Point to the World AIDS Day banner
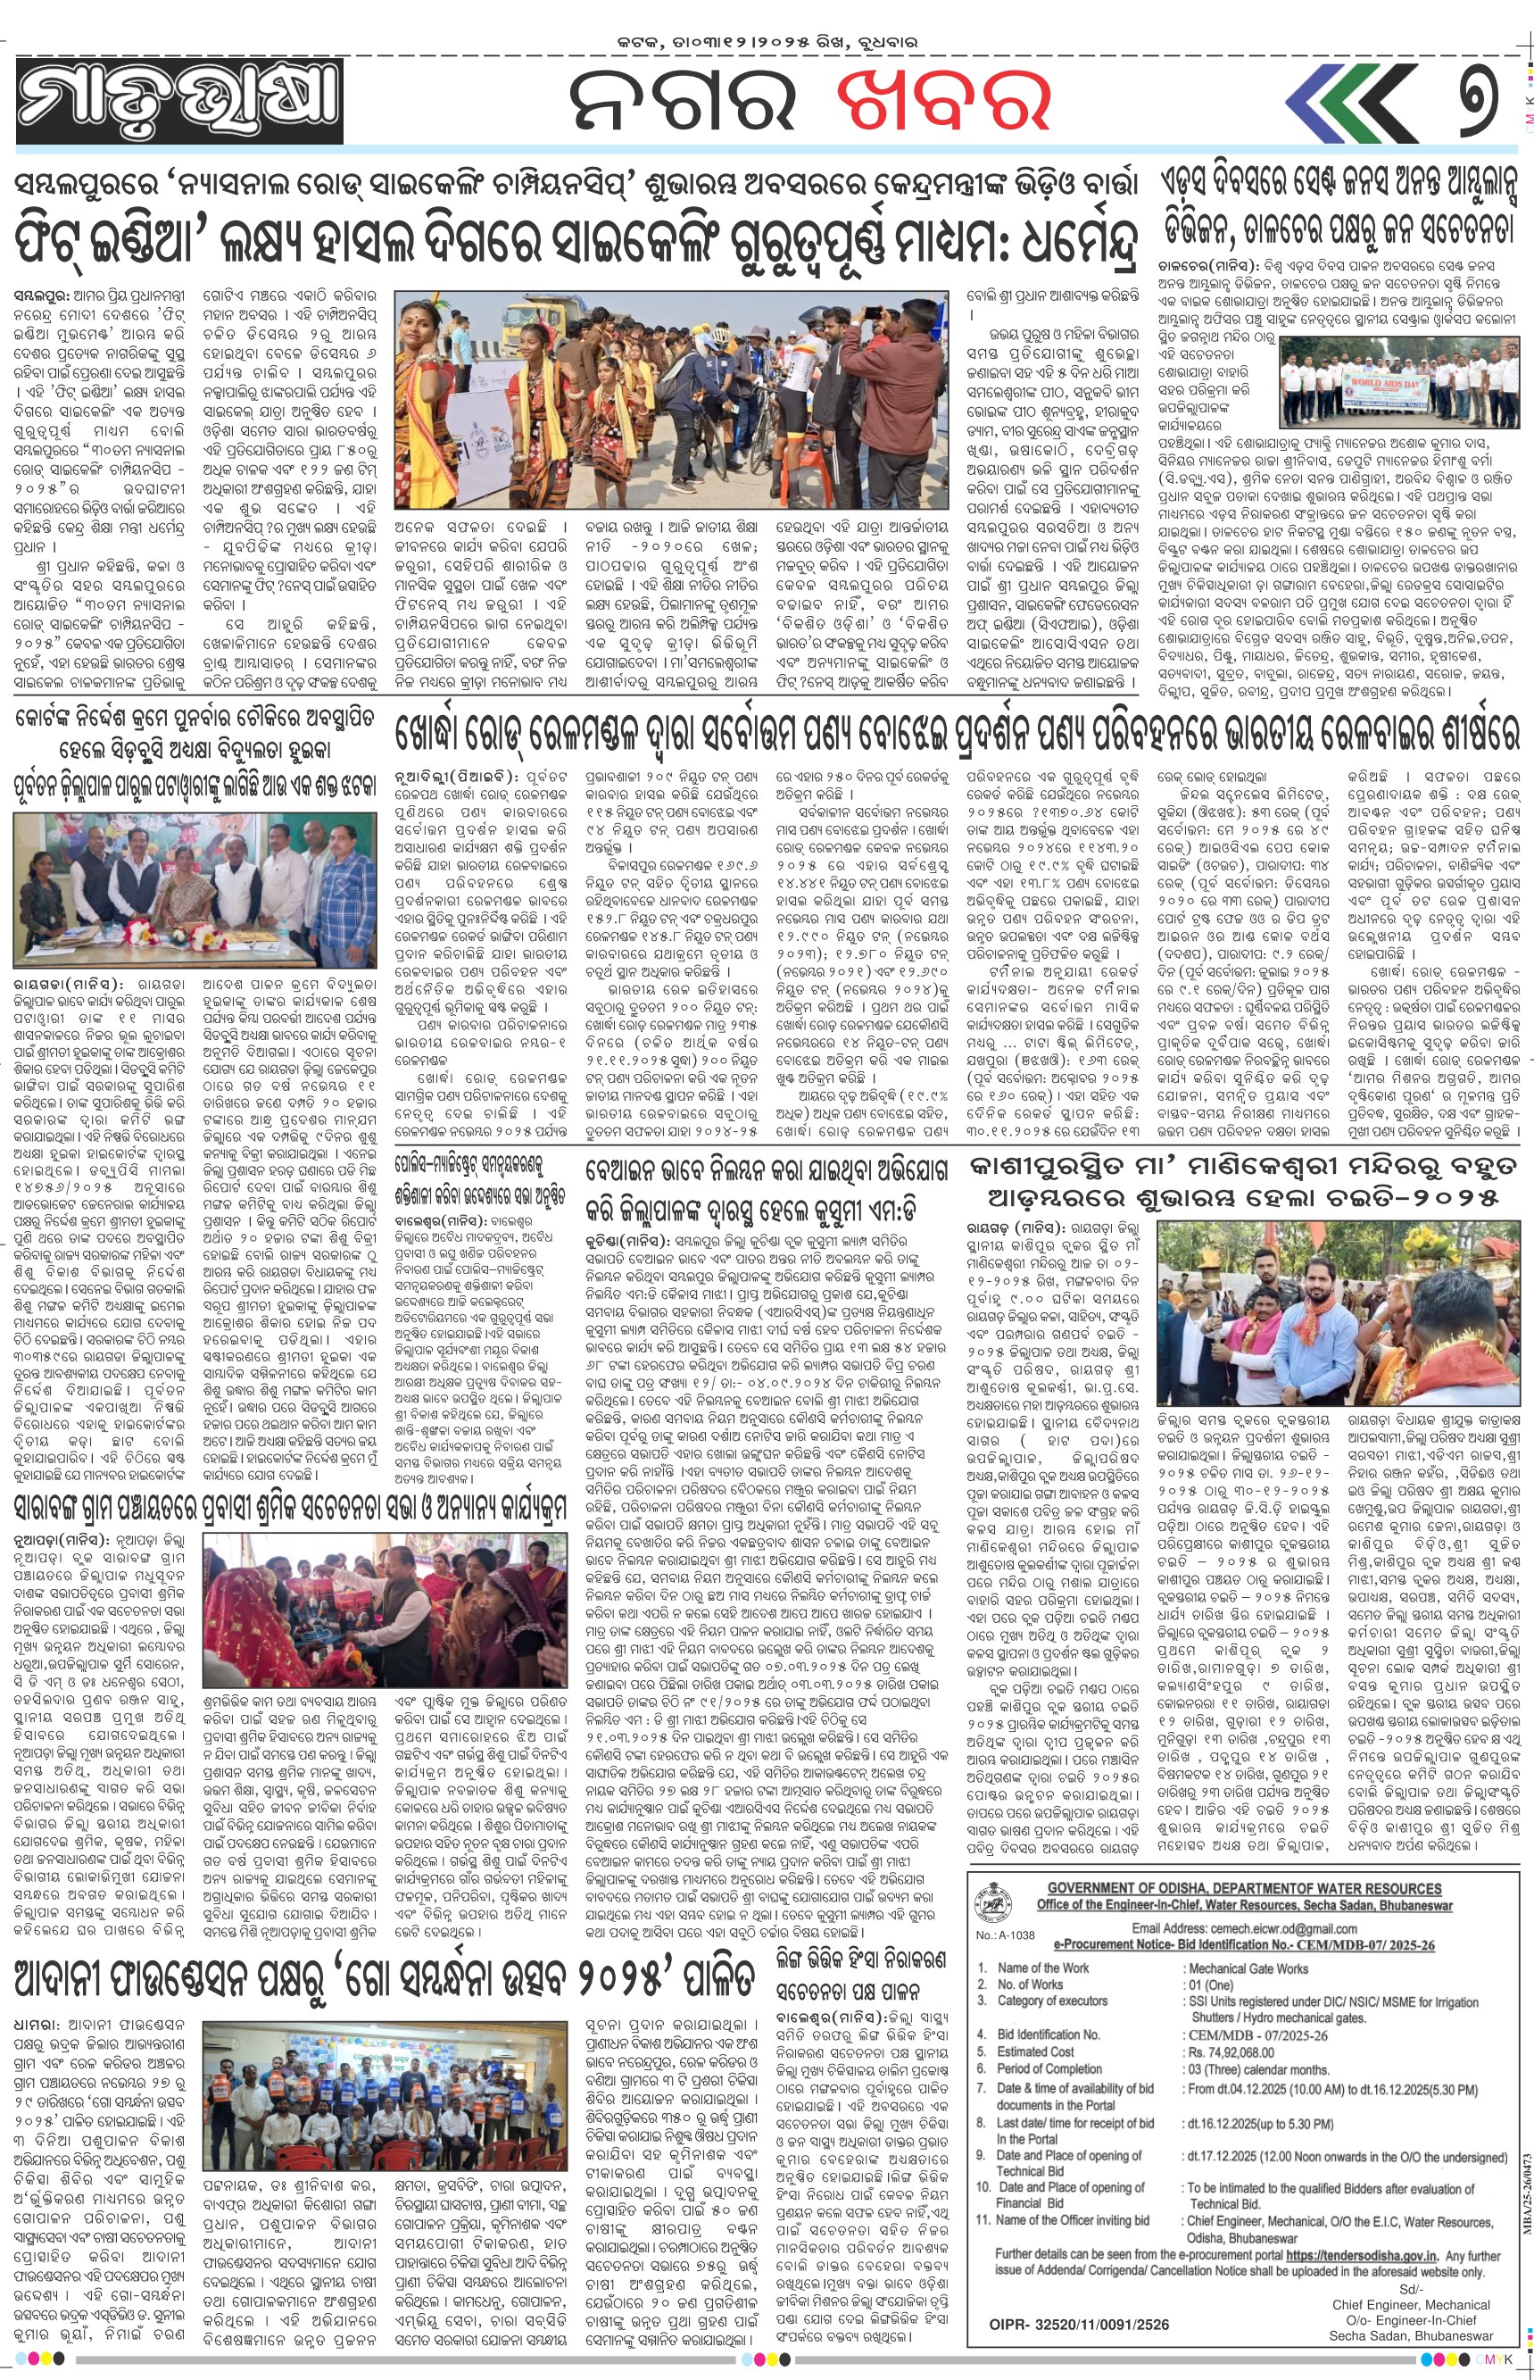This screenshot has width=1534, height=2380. [1390, 386]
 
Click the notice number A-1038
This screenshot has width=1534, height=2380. [1005, 1935]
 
